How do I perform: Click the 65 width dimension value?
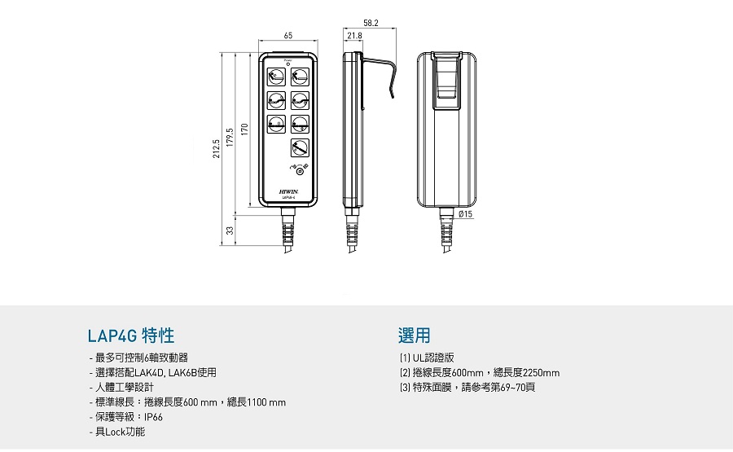(x=288, y=35)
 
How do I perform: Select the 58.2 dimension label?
(x=371, y=24)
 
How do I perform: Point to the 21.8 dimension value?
(x=354, y=36)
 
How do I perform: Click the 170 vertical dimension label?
(x=244, y=127)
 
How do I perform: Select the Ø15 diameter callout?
(x=465, y=213)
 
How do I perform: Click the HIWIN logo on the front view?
(x=289, y=191)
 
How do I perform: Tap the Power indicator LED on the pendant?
(x=288, y=64)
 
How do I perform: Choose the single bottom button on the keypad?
(x=300, y=147)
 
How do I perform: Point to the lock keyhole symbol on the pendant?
(x=300, y=170)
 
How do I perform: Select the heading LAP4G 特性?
(x=131, y=336)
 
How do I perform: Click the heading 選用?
(x=414, y=336)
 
